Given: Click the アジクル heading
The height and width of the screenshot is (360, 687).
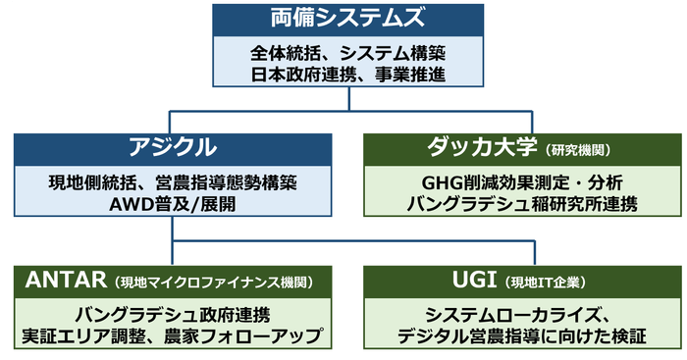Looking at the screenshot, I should coord(172,148).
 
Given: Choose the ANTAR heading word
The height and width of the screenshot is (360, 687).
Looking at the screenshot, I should coord(70,282).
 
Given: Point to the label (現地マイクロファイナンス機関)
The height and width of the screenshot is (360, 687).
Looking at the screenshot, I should coord(214,283).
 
